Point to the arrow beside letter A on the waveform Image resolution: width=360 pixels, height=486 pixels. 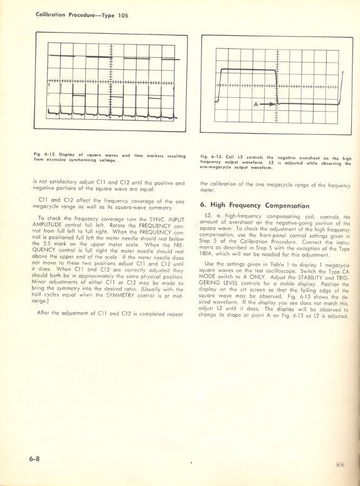[268, 104]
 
